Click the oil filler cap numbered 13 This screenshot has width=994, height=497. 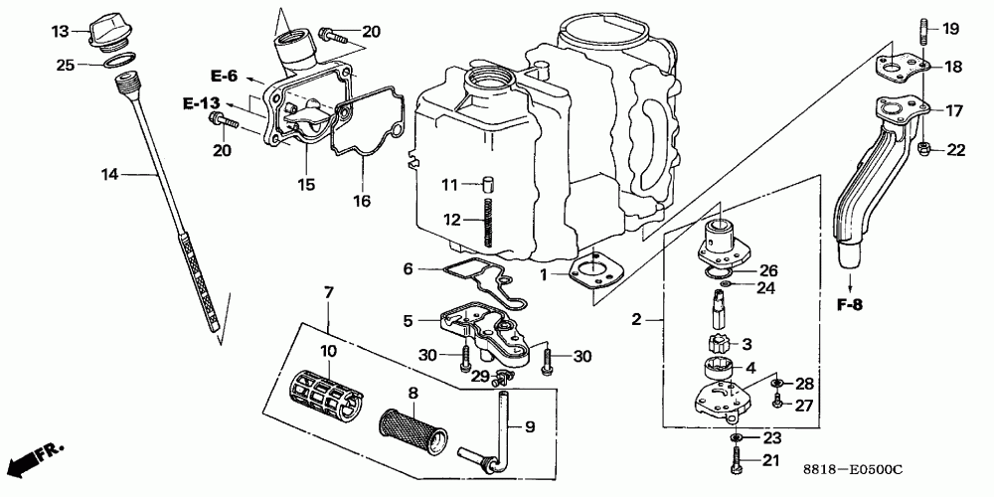pos(109,32)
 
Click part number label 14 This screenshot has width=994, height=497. pos(109,175)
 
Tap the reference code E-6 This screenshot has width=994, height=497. pos(224,76)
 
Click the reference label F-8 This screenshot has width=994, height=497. pos(847,305)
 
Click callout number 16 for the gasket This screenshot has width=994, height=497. pos(361,201)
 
